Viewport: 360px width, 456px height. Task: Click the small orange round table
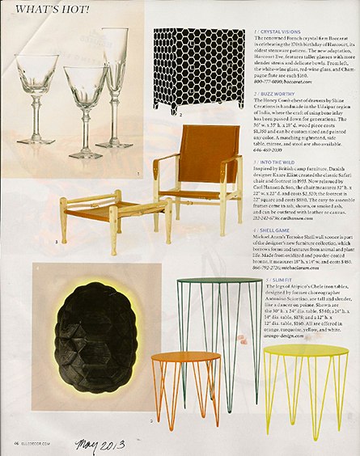[x=185, y=380]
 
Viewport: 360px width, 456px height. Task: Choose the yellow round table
[x=305, y=380]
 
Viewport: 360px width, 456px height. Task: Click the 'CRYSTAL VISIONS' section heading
[x=281, y=32]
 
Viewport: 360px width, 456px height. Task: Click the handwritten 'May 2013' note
[x=101, y=444]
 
